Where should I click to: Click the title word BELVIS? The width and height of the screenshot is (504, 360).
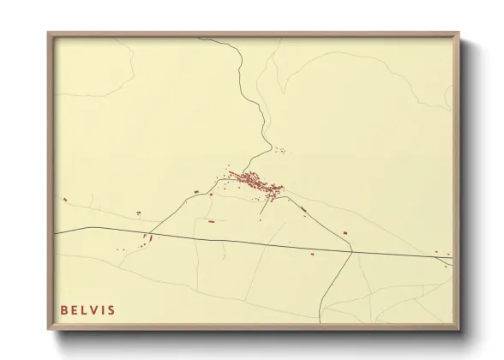(87, 307)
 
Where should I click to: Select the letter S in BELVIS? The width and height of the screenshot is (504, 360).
(111, 307)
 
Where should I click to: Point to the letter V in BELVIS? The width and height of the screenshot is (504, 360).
(93, 307)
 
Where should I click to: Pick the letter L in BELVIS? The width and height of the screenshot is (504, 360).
(82, 307)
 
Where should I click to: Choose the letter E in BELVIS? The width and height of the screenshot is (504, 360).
(73, 307)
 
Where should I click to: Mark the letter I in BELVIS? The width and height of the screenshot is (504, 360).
(102, 307)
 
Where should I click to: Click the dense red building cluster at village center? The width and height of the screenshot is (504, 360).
(255, 181)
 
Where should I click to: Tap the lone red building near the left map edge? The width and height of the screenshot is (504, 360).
(65, 200)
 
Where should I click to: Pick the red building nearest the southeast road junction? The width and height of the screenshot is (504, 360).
(345, 231)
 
